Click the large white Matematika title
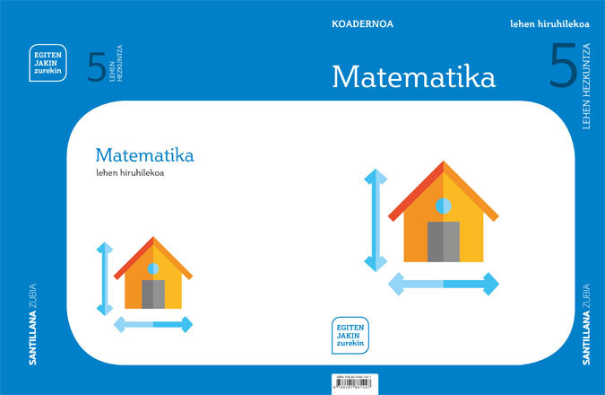pos(413,76)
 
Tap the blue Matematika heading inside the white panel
pos(143,155)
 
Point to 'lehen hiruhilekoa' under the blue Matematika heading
pos(129,173)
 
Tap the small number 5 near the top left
pos(97,68)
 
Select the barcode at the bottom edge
pos(350,381)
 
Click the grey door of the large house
pos(443,241)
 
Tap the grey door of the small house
pos(153,294)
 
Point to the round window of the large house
pos(443,206)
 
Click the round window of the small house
pos(153,268)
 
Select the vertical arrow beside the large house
pos(376,220)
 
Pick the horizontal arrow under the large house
pos(443,285)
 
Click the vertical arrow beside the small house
pos(105,278)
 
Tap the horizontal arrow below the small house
pos(153,324)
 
